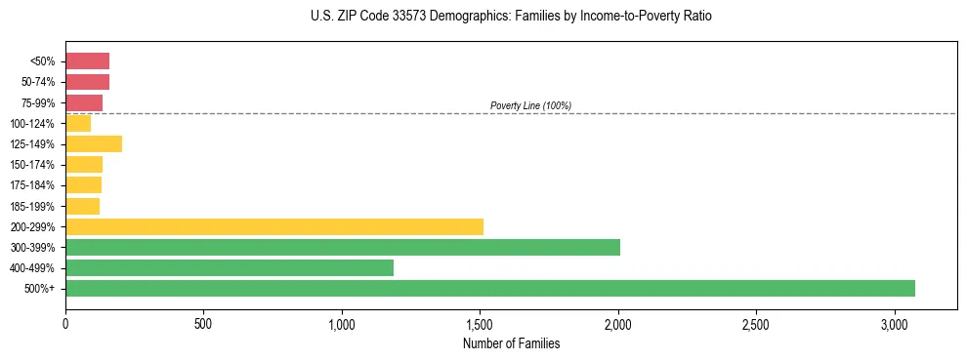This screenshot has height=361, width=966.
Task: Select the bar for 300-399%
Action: [x=343, y=247]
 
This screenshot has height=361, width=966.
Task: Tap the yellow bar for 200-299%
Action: [x=274, y=226]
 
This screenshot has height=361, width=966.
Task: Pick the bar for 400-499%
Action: [x=230, y=267]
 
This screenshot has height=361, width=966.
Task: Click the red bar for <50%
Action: [x=87, y=61]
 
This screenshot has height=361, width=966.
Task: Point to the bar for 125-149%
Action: [x=94, y=144]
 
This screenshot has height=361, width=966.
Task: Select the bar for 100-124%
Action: [x=78, y=124]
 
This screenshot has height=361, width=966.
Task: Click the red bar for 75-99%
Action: [x=84, y=102]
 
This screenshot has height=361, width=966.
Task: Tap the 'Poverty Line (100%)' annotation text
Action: [x=530, y=105]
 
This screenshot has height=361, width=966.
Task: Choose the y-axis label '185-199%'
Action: [x=32, y=206]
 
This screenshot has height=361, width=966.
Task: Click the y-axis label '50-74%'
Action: [x=38, y=82]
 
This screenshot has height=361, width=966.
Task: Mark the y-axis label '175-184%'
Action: [x=32, y=185]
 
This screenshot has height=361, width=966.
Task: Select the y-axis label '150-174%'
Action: [x=32, y=165]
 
